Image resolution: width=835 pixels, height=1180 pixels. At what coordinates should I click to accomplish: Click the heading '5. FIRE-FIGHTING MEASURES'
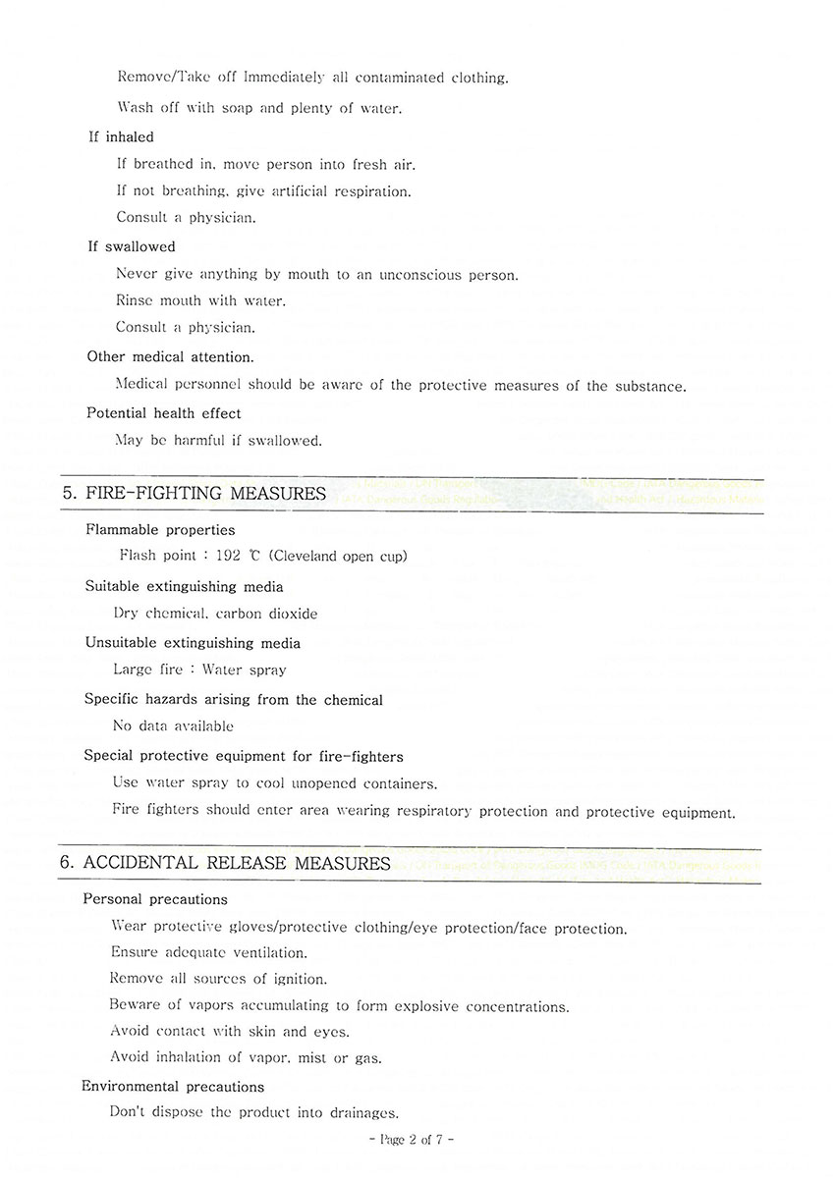coord(194,493)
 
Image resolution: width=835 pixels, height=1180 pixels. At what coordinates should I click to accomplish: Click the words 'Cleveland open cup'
coord(337,557)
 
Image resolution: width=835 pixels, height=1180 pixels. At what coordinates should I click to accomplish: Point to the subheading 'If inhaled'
coord(121,136)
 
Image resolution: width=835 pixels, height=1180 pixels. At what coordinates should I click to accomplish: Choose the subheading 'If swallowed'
coord(132,246)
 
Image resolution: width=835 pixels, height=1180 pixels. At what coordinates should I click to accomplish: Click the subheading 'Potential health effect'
coord(163,413)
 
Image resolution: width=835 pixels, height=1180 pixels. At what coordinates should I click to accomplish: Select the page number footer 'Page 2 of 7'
coord(410,1140)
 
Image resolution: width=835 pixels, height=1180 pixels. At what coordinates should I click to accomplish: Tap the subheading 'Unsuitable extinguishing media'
coord(193,643)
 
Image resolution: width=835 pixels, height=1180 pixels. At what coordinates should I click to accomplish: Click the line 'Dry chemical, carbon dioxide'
coord(215,614)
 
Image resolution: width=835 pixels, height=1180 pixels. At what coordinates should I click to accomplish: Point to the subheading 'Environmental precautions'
coord(173,1087)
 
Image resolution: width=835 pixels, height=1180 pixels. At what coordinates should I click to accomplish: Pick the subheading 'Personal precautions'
coord(155,899)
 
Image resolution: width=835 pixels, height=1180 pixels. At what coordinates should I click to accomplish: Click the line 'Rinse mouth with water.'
coord(200,300)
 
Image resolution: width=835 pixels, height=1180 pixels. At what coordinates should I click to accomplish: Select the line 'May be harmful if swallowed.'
coord(218,441)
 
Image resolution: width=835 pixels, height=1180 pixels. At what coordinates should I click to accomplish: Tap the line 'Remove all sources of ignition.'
coord(218,979)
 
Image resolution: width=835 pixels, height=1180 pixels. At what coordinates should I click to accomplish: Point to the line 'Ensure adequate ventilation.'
coord(208,952)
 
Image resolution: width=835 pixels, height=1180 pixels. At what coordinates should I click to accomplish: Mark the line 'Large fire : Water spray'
coord(200,670)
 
